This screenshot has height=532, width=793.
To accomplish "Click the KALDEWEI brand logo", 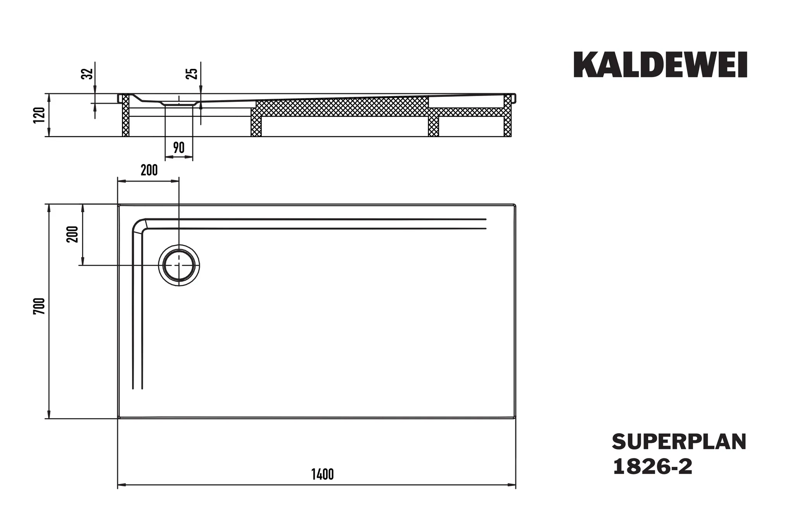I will tap(660, 65).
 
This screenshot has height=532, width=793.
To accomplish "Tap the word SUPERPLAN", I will tap(679, 442).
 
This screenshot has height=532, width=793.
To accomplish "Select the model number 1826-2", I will tap(652, 467).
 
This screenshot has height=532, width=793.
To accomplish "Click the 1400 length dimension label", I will tap(322, 474).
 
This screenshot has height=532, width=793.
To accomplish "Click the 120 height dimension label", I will tap(40, 115).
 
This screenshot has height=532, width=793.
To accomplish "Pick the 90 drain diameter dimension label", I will tap(179, 148).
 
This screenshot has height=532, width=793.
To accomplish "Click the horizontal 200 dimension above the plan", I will tap(149, 170).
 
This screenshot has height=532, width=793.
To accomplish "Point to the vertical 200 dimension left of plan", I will tap(73, 234).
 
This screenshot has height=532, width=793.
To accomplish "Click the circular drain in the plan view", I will tap(179, 265).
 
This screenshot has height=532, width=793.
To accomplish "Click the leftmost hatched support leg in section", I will tap(125, 116).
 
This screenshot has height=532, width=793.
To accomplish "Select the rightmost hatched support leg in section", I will tap(508, 116).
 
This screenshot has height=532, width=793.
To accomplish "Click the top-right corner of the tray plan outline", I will tap(515, 204).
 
